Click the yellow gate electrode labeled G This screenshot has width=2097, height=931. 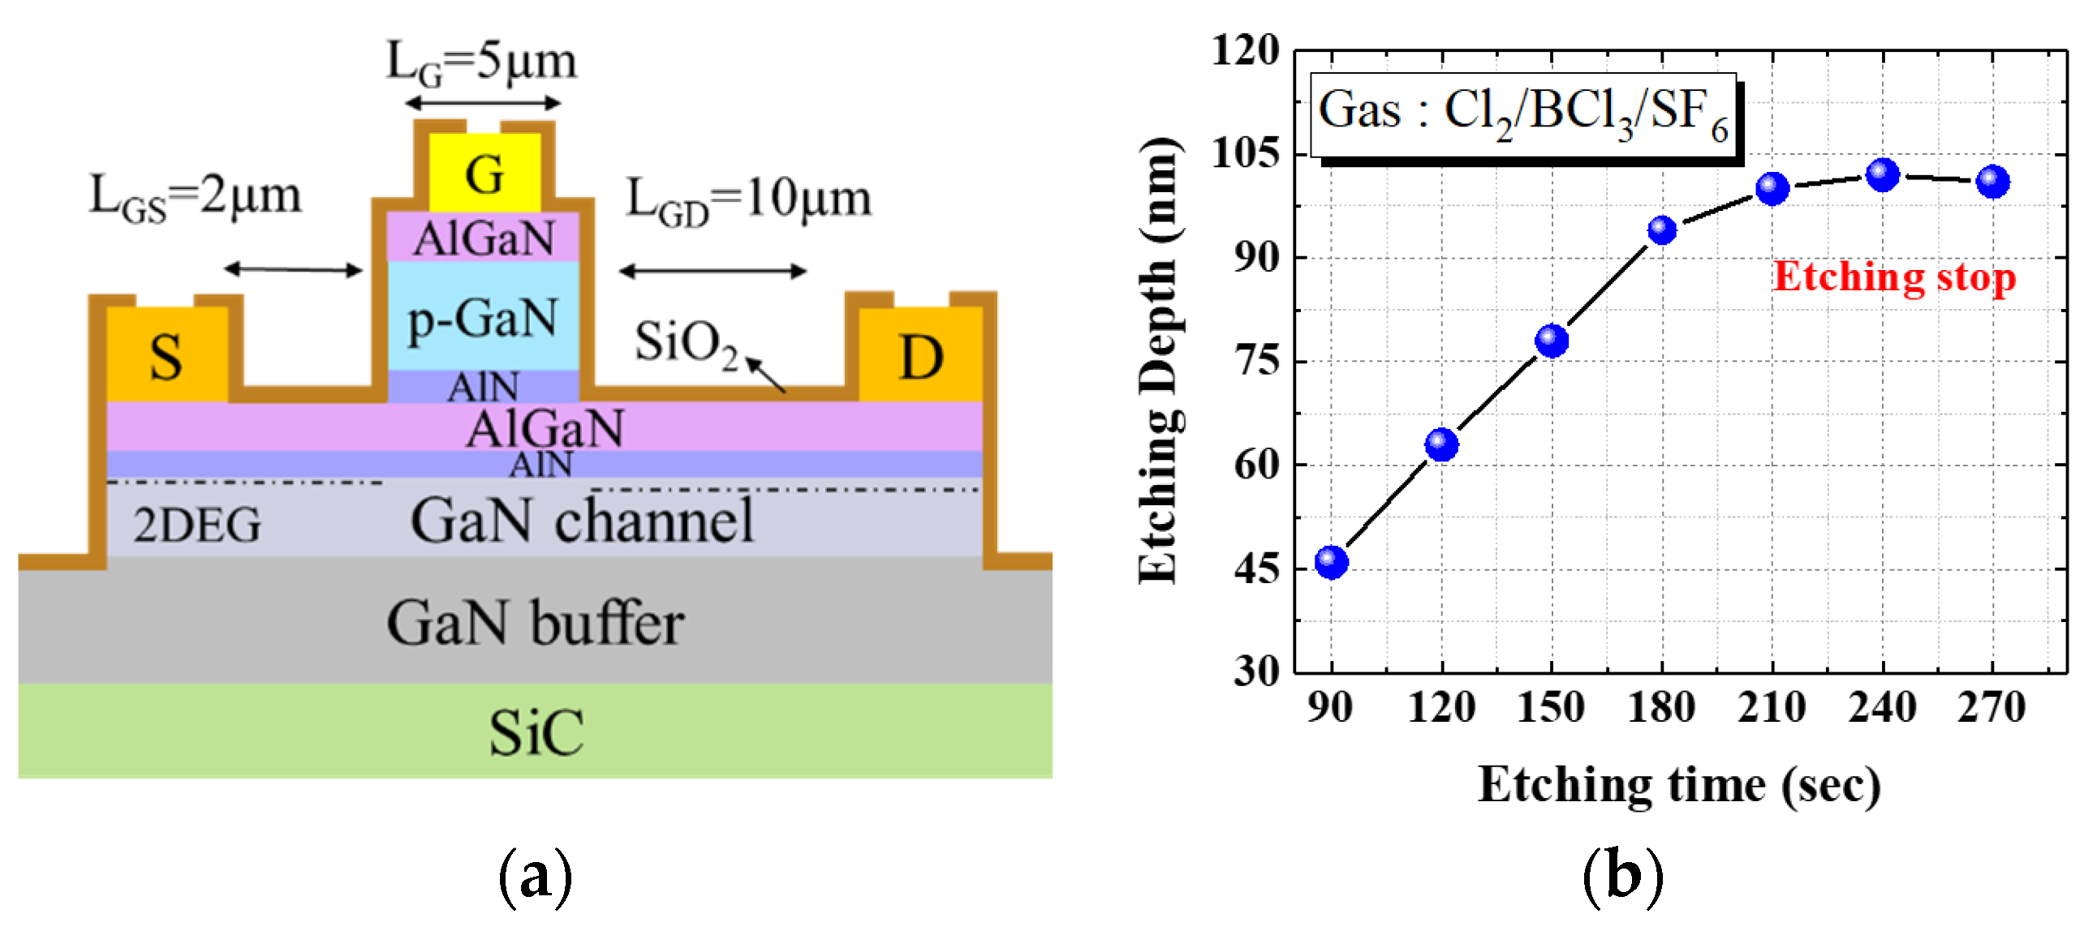click(484, 174)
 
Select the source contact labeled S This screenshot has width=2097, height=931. click(166, 357)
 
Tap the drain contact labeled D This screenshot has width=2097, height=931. click(921, 357)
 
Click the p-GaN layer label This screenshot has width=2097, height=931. click(483, 319)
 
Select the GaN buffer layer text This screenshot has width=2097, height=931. click(535, 624)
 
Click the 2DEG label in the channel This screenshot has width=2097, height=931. click(197, 525)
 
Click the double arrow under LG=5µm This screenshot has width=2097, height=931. click(483, 103)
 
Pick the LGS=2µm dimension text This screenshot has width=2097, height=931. click(196, 197)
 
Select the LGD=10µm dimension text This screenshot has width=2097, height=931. click(748, 199)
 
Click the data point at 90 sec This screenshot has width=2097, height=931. click(1332, 561)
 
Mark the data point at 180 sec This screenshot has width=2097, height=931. click(1662, 230)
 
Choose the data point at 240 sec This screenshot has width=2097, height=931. click(1883, 174)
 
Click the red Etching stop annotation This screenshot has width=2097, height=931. click(1894, 277)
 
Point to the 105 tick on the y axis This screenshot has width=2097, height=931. click(1245, 153)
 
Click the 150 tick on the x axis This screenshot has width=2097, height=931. click(1552, 706)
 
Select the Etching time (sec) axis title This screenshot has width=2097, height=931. click(1678, 785)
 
